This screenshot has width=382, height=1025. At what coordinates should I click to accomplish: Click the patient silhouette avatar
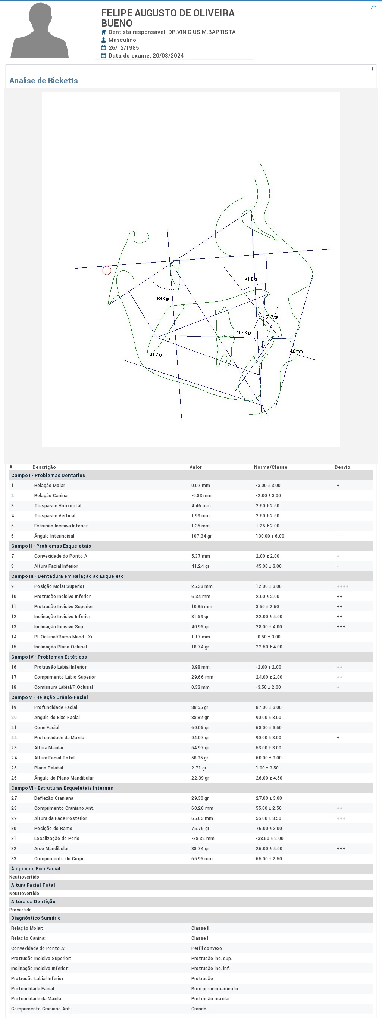(40, 31)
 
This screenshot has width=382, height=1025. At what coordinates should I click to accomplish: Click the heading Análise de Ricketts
(43, 81)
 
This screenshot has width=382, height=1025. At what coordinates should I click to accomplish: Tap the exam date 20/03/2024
(167, 56)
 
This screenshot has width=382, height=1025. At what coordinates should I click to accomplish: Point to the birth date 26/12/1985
(123, 48)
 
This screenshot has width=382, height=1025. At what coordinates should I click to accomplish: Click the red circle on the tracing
(107, 270)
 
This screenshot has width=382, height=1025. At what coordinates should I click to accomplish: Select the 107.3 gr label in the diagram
(244, 333)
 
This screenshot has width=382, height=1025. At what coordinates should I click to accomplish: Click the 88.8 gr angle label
(163, 298)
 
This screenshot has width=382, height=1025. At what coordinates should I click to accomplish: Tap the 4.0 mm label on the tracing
(296, 352)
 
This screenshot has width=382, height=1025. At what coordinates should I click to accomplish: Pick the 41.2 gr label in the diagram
(156, 354)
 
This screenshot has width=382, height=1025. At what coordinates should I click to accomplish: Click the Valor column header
(195, 467)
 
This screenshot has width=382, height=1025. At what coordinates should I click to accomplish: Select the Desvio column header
(342, 467)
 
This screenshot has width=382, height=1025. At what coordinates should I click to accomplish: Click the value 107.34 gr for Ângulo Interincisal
(201, 536)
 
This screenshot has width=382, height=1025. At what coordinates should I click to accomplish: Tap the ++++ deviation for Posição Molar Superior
(342, 586)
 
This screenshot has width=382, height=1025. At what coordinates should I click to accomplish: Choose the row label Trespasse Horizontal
(58, 506)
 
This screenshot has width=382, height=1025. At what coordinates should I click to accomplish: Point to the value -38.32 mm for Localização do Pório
(203, 838)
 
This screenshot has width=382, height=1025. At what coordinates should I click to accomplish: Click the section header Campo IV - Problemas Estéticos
(49, 657)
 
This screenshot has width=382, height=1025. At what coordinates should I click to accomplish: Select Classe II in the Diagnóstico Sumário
(200, 928)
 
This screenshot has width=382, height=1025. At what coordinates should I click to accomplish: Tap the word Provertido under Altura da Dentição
(20, 910)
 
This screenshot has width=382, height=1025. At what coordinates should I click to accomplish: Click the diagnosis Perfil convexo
(206, 948)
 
